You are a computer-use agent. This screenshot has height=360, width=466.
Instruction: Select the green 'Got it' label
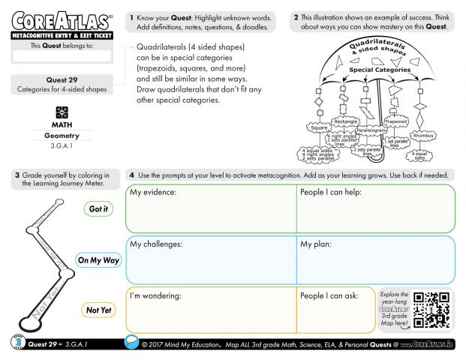coord(98,209)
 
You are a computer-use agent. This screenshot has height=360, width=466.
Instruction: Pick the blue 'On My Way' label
coord(98,260)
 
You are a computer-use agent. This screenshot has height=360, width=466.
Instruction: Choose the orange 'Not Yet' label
coord(98,310)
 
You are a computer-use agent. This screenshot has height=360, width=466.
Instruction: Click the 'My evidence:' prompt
coord(153,193)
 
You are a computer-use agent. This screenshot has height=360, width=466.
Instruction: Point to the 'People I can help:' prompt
coord(333,193)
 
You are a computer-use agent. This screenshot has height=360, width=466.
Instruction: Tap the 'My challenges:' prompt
coord(158,244)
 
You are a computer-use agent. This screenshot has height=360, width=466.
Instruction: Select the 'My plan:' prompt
coord(316,244)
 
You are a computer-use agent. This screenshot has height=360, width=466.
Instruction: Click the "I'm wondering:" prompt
coord(156,295)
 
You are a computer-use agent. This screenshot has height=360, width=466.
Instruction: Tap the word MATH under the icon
coord(62,124)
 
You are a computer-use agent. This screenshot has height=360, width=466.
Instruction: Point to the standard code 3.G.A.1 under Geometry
coord(62,146)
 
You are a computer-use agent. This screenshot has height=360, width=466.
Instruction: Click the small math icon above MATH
coord(62,111)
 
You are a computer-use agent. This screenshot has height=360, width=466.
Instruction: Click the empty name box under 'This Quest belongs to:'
coord(62,56)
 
